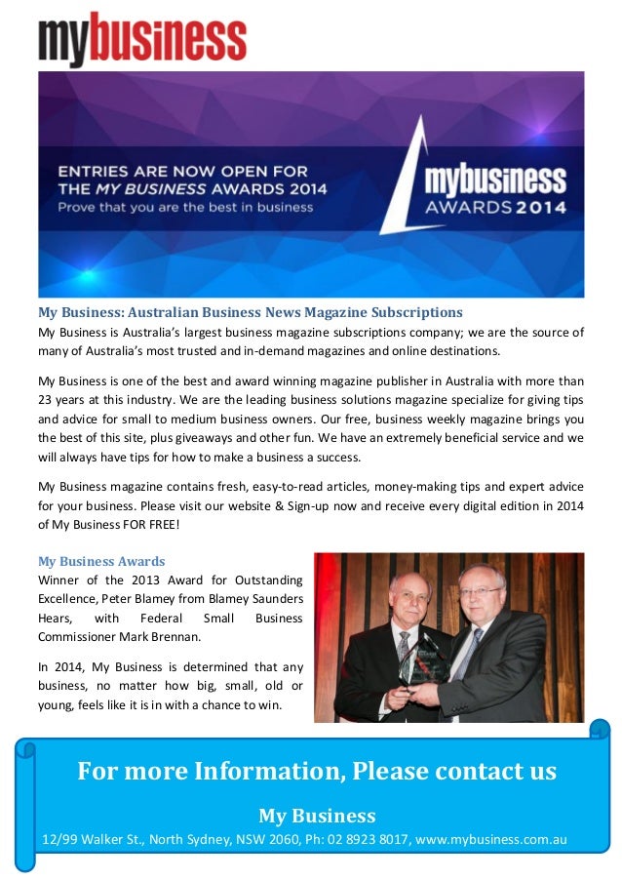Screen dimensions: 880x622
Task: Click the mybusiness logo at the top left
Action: pyautogui.click(x=142, y=40)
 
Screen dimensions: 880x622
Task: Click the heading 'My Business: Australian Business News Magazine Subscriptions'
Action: pyautogui.click(x=250, y=313)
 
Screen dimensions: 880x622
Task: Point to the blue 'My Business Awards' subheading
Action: pyautogui.click(x=101, y=562)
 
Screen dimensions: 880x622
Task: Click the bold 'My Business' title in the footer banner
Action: pyautogui.click(x=317, y=815)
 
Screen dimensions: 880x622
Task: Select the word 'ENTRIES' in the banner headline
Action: pyautogui.click(x=94, y=170)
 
